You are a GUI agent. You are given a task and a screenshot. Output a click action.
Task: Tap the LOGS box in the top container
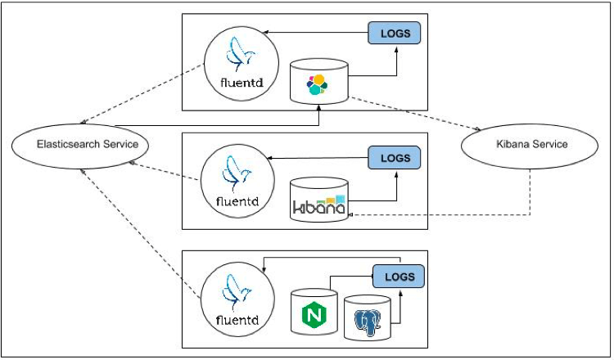tap(395, 33)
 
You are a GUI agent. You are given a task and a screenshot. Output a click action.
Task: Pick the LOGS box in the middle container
tap(395, 156)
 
